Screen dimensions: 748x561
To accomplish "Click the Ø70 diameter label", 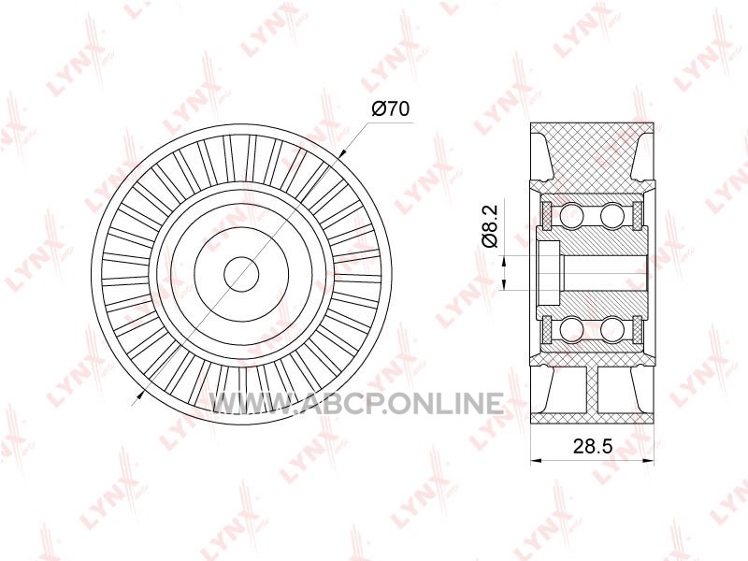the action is tap(390, 109).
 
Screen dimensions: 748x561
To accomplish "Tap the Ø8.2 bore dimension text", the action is tap(489, 225).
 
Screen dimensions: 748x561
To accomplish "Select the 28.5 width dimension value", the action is tap(593, 447).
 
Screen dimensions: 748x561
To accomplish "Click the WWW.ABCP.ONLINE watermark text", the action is tap(357, 404).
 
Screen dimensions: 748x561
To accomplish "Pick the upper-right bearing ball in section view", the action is tap(612, 214).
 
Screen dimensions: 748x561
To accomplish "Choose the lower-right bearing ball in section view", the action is tap(612, 330).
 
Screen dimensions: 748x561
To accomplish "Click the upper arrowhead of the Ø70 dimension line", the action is tap(341, 154).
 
